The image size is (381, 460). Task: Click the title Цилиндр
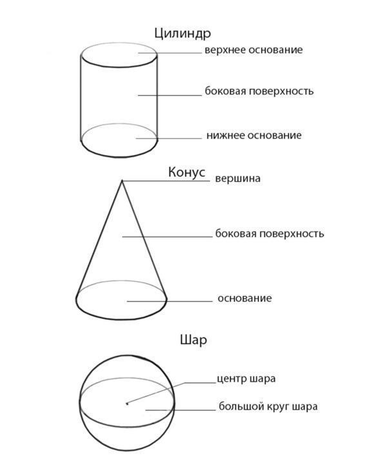coord(182,34)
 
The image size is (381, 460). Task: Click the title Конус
coord(187,172)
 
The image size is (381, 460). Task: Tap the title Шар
coord(193,340)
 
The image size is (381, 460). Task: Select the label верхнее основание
coord(253,50)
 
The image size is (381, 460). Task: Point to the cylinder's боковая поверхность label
coord(259,91)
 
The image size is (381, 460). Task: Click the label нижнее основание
coord(254,135)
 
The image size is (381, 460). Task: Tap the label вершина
coord(238,179)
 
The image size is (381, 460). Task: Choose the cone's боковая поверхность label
coord(269,234)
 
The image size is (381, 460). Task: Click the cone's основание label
coord(245,298)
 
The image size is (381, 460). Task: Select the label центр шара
coord(246,379)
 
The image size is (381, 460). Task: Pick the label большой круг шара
coord(268,406)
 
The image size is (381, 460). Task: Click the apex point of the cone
coord(122,181)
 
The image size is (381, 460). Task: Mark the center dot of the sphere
coord(127,404)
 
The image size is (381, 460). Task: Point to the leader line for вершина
coord(166,181)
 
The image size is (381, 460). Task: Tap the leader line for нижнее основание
coord(169,138)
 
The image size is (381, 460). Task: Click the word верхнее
coord(225,50)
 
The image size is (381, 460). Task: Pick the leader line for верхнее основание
coord(170,53)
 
